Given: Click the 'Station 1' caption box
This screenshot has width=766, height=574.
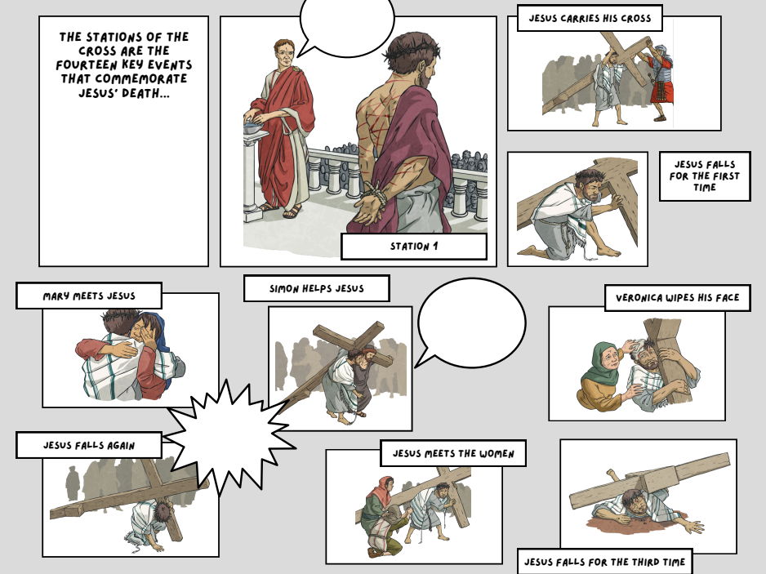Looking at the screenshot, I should [x=413, y=247].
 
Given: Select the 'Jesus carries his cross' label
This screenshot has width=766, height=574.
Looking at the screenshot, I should [x=589, y=18].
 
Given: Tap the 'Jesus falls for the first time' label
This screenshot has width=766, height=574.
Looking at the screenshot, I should [x=704, y=176].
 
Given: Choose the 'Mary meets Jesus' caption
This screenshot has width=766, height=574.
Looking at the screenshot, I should [x=89, y=296].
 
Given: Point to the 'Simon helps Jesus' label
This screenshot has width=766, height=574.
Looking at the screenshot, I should [x=316, y=288].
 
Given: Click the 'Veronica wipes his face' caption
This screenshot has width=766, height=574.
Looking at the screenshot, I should [x=677, y=298].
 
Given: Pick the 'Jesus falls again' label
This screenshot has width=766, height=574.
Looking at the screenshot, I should [x=89, y=446].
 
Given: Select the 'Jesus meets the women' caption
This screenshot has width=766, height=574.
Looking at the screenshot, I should [x=453, y=453].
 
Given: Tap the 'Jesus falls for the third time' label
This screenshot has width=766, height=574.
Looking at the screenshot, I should [x=604, y=562].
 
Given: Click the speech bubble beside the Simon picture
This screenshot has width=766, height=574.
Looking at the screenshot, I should [x=470, y=323].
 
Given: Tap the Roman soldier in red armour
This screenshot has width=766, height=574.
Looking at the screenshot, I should [x=660, y=78].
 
